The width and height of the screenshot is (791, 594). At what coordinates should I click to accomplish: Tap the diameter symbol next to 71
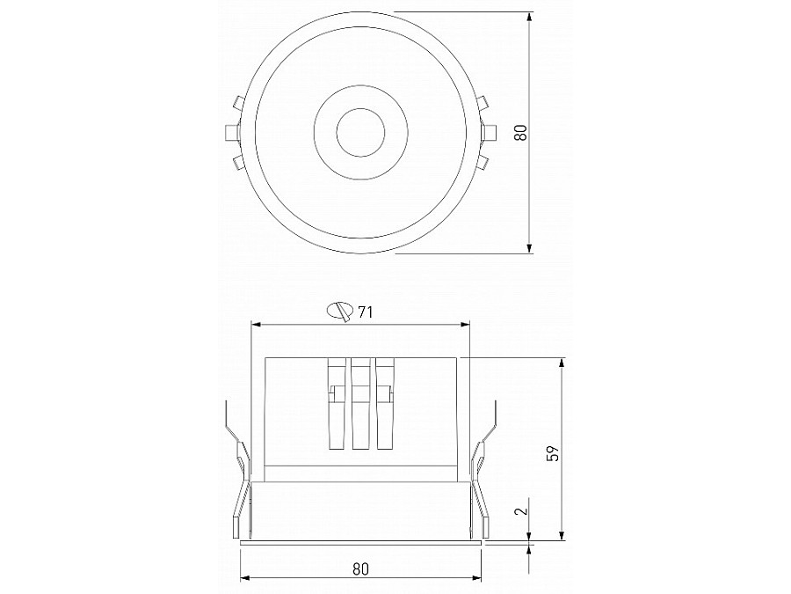[x=339, y=311]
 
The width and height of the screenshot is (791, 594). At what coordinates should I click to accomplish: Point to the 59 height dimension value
[x=553, y=453]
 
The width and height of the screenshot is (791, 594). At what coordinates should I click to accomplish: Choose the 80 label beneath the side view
[x=359, y=568]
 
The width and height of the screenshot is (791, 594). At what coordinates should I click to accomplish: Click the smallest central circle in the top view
[x=358, y=133]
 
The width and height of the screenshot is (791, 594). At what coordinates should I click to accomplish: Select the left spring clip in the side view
[x=236, y=480]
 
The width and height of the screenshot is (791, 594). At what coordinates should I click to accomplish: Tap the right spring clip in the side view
[x=483, y=480]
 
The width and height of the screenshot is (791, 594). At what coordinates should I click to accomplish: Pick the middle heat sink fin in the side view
[x=359, y=404]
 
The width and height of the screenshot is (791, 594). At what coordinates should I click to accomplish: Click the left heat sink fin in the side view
[x=335, y=404]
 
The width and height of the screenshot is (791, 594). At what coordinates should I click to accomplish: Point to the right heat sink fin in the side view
[x=384, y=404]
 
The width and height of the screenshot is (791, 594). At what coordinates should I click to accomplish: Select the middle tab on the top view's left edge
[x=231, y=133]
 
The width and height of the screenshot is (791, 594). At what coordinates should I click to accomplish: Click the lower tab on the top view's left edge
[x=236, y=162]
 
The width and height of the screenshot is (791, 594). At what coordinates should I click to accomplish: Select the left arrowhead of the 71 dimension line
[x=256, y=326]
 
